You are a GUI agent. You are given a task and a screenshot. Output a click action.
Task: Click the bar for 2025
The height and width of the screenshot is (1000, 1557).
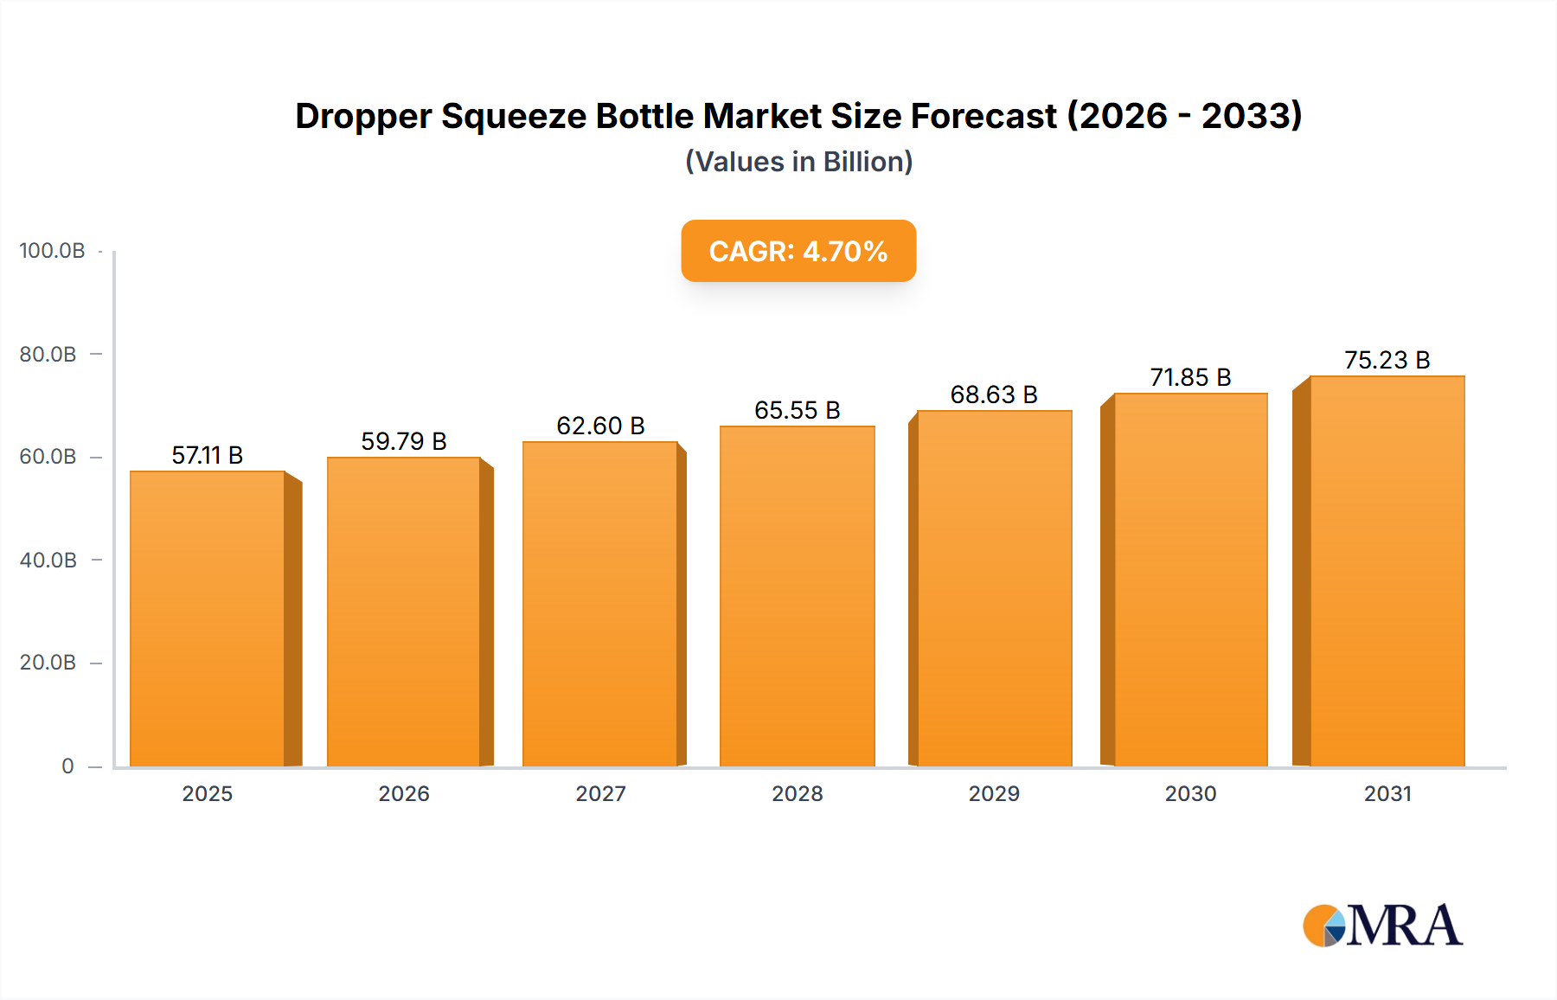208,619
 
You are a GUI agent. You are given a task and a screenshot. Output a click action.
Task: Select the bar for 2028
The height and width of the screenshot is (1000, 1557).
797,597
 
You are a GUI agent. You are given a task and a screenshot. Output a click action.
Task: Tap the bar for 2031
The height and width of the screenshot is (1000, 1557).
1387,571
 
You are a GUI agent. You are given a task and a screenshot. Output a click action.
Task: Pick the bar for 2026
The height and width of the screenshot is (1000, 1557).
403,612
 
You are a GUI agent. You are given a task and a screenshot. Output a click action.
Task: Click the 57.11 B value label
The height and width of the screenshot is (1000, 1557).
207,455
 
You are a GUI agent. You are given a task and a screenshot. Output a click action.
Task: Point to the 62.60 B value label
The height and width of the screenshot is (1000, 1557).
600,426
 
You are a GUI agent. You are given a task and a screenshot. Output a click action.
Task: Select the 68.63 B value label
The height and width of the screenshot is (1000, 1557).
993,394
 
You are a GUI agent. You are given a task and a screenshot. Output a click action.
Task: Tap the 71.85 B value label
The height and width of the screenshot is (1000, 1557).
1190,377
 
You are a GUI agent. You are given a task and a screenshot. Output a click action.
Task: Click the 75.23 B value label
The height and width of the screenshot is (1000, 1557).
1387,360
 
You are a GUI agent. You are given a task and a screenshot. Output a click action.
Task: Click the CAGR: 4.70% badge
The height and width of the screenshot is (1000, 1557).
798,251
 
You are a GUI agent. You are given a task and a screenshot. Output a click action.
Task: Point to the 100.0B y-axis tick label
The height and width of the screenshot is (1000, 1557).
52,251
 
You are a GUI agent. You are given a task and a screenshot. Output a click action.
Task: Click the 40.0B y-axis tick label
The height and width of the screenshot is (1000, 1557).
48,560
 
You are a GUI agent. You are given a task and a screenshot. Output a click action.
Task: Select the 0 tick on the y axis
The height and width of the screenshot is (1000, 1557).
67,766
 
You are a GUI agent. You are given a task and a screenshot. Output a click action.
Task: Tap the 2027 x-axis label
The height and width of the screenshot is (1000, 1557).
600,793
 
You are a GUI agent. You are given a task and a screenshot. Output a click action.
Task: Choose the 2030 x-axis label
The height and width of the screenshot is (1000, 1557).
1190,793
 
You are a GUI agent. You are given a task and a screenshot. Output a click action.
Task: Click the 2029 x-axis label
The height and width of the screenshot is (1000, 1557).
994,793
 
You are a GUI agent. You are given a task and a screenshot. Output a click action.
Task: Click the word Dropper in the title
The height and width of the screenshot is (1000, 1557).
362,116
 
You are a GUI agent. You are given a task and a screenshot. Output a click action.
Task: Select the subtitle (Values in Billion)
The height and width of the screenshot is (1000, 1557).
798,162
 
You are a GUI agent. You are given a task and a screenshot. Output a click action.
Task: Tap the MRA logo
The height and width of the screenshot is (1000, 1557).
1382,926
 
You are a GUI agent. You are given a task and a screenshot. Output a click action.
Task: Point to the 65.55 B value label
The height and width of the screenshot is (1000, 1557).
797,410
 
